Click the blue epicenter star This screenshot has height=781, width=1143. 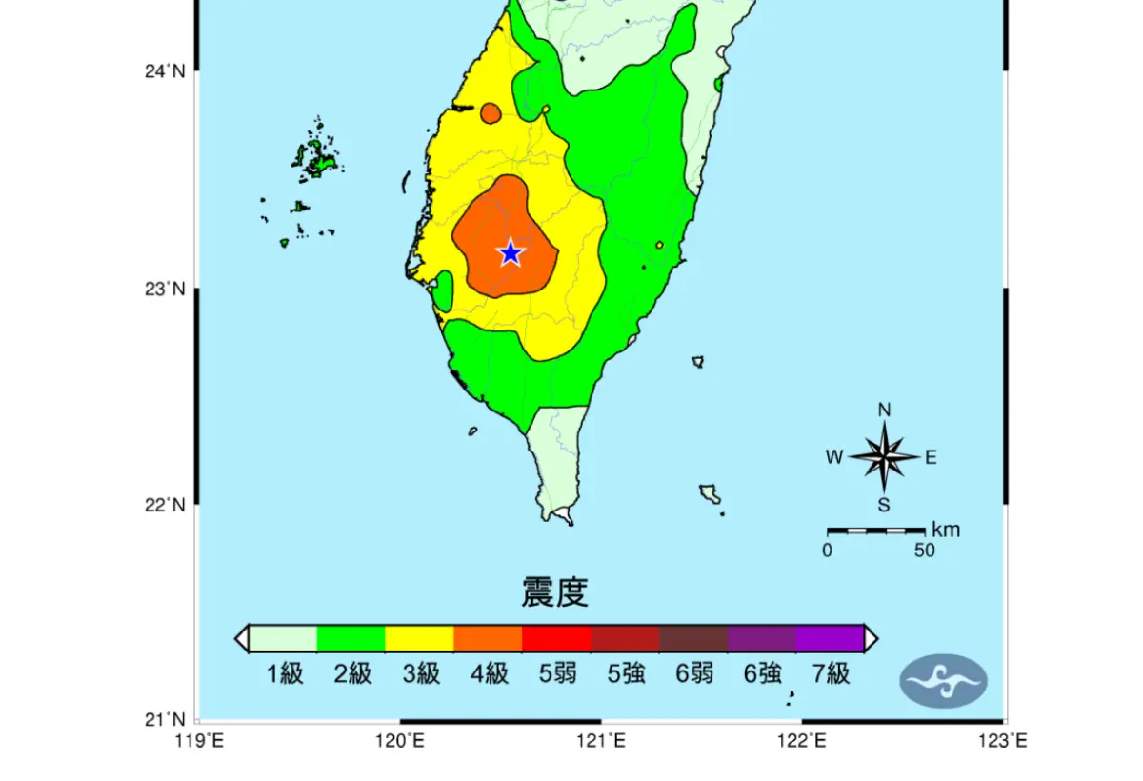[x=511, y=252]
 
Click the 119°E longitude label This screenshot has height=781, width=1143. [x=198, y=740]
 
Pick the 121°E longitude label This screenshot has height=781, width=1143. [x=601, y=740]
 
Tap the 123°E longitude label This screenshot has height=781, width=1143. [x=1005, y=740]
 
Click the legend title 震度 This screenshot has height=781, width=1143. [x=554, y=592]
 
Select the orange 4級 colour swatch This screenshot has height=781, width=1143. [x=488, y=638]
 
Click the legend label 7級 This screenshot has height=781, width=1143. [x=830, y=674]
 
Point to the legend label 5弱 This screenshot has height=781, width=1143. [x=557, y=674]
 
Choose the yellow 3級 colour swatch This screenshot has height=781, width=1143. [x=419, y=638]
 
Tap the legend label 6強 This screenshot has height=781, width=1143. [x=762, y=674]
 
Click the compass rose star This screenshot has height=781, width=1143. [x=884, y=456]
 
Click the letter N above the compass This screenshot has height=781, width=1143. [x=884, y=410]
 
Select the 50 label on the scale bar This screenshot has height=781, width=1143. [x=924, y=550]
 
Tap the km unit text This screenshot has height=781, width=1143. [x=945, y=530]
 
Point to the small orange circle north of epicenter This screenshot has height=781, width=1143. [x=491, y=113]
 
